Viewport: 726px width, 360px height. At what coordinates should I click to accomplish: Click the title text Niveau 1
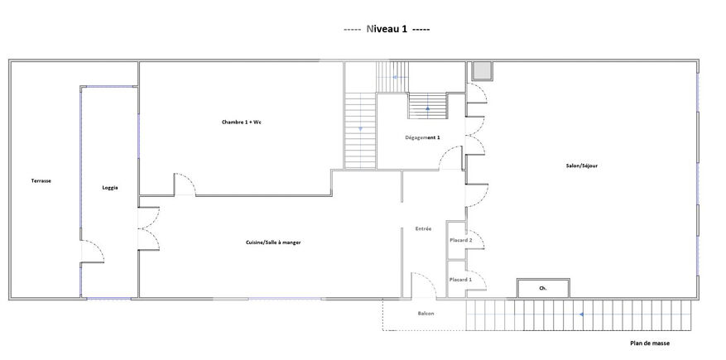point(387,29)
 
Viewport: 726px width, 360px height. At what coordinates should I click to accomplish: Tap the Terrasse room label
point(41,181)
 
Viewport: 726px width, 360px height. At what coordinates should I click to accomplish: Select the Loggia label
point(110,188)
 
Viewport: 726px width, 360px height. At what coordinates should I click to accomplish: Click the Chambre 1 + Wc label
point(238,122)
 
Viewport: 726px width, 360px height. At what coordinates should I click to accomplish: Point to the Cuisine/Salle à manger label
point(270,242)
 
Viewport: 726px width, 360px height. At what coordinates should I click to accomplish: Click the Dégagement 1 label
point(422,137)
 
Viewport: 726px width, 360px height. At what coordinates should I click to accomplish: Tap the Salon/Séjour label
point(581,166)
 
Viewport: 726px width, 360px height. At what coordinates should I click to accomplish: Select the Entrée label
point(423,228)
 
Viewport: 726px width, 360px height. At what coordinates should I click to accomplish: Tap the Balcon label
point(426,314)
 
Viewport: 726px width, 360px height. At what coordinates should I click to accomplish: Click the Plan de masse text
point(650,343)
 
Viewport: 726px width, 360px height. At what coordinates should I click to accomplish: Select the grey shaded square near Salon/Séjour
point(482,71)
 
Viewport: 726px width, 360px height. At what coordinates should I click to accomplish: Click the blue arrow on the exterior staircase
point(581,314)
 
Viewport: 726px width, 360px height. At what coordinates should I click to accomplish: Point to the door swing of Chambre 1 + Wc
point(190,179)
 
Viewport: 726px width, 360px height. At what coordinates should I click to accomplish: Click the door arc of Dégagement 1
point(445,153)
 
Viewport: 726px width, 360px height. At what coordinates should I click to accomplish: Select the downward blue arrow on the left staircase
point(360,128)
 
